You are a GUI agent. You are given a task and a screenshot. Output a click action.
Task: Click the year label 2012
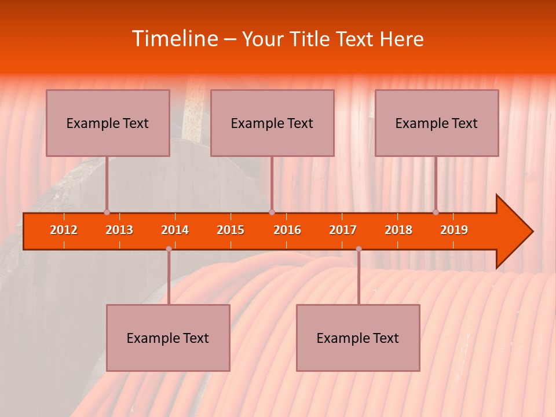click(64, 230)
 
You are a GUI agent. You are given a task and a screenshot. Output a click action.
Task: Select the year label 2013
click(119, 230)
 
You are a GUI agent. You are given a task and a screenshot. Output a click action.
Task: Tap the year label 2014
click(175, 230)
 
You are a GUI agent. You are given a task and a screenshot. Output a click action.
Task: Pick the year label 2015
click(231, 230)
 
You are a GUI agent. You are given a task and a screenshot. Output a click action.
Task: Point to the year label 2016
click(287, 230)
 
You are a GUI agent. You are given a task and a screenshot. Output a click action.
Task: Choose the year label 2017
click(343, 230)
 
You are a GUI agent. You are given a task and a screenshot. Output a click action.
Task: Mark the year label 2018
click(398, 230)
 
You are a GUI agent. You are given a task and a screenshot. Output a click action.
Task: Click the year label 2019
click(454, 230)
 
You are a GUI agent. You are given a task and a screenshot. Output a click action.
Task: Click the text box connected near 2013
click(108, 123)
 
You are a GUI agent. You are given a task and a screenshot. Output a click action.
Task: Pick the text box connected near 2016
click(272, 123)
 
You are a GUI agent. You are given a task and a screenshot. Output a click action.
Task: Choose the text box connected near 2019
click(437, 123)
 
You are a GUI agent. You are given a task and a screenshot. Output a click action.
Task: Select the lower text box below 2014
click(168, 338)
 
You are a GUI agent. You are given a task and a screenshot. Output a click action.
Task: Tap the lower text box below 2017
click(358, 338)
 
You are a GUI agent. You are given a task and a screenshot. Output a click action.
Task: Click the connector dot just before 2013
click(107, 213)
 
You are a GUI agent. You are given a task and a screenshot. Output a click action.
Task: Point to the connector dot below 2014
click(169, 249)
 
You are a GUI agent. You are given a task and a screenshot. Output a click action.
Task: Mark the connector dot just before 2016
click(272, 213)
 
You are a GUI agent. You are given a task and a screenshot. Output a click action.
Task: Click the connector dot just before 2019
click(436, 213)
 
